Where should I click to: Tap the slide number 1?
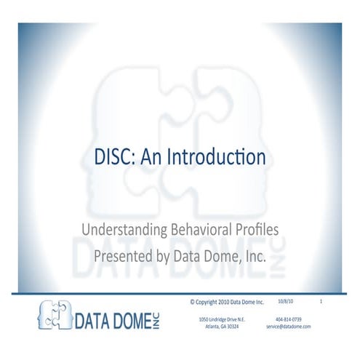320,300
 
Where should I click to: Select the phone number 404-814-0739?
289,319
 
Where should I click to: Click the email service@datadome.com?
289,327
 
